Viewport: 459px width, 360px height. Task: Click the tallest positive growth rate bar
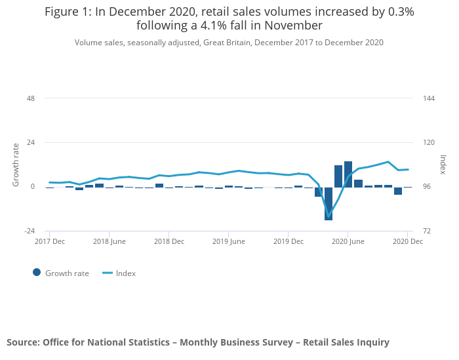[x=348, y=174]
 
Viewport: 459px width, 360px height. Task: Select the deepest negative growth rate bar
[x=329, y=203]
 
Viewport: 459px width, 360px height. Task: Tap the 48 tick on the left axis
[x=30, y=98]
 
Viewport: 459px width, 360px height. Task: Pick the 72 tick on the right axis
[x=428, y=231]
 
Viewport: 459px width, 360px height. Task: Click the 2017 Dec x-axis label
[x=49, y=241]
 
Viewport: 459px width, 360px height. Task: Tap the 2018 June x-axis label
[x=109, y=241]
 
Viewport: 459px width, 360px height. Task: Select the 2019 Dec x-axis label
[x=288, y=241]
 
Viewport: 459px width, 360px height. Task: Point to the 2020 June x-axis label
[x=348, y=241]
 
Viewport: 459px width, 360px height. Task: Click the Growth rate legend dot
[x=37, y=273]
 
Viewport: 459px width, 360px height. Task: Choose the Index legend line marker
[x=108, y=273]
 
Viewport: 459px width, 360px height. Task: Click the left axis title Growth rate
[x=16, y=165]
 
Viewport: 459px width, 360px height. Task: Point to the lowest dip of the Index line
[x=329, y=216]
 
